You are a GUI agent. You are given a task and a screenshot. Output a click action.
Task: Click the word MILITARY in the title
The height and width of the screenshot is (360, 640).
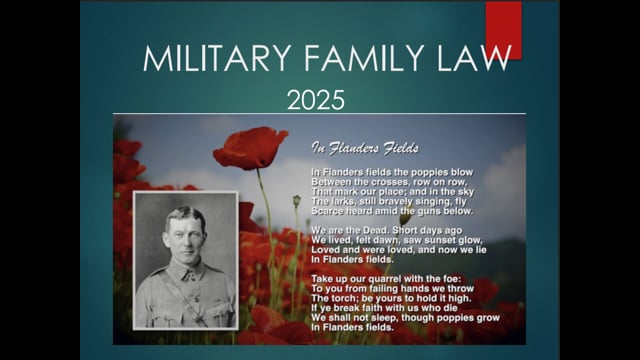pyautogui.click(x=217, y=58)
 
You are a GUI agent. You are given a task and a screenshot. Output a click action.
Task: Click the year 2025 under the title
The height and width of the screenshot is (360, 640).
pyautogui.click(x=316, y=100)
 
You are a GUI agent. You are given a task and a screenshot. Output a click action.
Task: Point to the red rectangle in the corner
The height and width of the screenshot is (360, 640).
pyautogui.click(x=503, y=29)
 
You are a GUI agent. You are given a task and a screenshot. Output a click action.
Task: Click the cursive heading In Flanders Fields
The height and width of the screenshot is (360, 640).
pyautogui.click(x=365, y=148)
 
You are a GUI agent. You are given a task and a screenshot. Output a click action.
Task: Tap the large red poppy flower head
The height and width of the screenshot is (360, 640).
pyautogui.click(x=250, y=148)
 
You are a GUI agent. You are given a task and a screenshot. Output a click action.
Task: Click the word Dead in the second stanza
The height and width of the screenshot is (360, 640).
pyautogui.click(x=374, y=230)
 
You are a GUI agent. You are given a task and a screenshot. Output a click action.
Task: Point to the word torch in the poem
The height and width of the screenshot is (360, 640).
pyautogui.click(x=343, y=298)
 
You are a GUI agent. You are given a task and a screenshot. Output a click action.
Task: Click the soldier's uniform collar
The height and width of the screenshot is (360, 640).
pyautogui.click(x=189, y=271)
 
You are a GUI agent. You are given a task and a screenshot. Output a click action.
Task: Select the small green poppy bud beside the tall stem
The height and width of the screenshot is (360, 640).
pyautogui.click(x=297, y=200)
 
